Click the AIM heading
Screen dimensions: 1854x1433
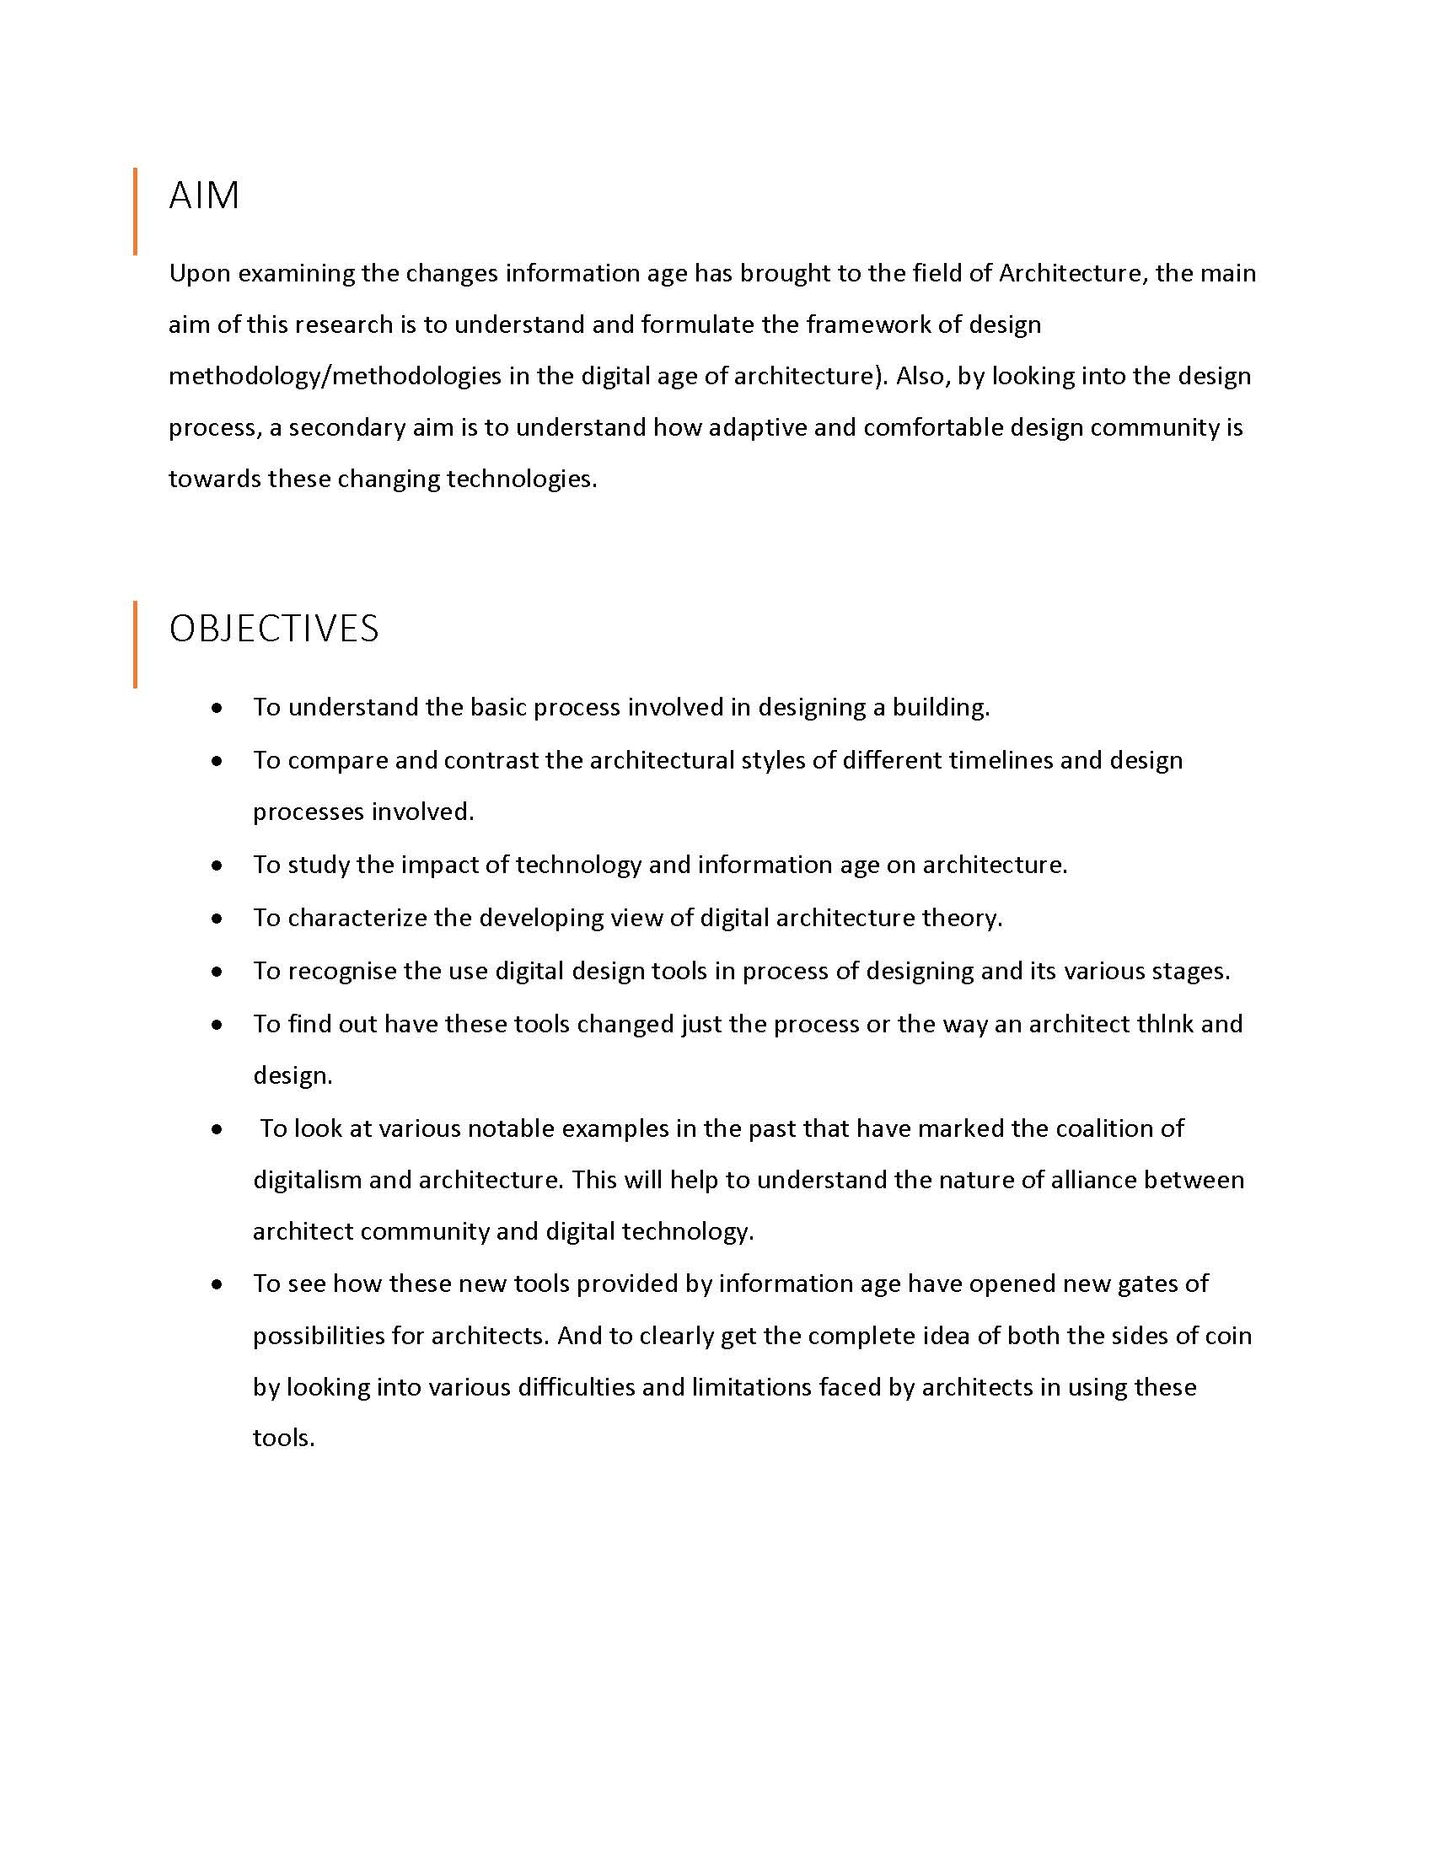(204, 196)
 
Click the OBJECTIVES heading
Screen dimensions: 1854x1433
(273, 629)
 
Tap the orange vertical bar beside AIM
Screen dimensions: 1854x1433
(135, 212)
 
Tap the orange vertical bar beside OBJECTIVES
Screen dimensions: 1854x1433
(135, 645)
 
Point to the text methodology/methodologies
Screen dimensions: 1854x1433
(335, 376)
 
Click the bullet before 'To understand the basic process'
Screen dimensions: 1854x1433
(218, 708)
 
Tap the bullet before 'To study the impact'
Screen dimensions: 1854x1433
(218, 865)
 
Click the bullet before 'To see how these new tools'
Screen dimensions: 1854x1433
(218, 1284)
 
